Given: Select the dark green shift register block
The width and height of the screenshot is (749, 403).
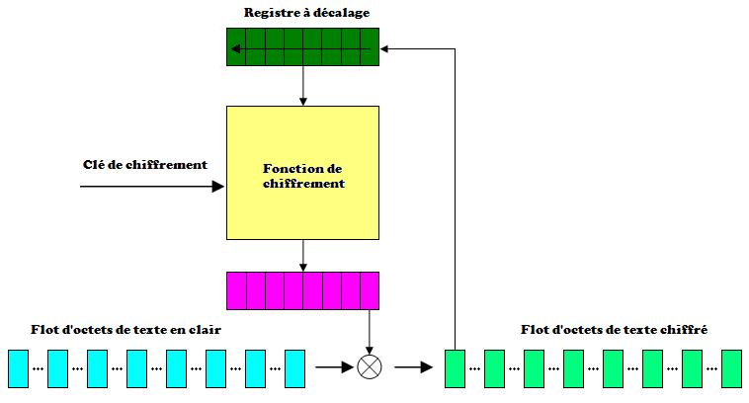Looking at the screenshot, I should coord(303,46).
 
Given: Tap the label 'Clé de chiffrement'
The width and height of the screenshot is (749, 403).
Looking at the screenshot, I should coord(145,164).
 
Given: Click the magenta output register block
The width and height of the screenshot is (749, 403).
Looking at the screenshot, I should coord(303,290).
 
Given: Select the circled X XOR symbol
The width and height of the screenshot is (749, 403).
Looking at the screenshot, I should coord(370,367).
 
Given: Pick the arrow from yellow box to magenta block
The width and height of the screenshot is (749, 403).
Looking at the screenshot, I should coord(303,256).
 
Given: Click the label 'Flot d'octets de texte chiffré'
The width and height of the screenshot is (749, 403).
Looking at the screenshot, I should coord(613,330).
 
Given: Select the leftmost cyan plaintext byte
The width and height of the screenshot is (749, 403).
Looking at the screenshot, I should coord(18,367).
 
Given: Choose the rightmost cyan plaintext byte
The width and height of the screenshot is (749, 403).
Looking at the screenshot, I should coord(294,367).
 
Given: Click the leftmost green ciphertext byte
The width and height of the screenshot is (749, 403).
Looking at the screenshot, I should coord(455,367).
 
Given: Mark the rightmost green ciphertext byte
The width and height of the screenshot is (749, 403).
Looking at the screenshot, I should coord(731,367).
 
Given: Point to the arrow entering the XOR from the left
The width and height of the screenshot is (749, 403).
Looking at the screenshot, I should coord(335,367).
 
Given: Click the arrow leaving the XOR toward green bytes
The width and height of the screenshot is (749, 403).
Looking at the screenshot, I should coord(413,367).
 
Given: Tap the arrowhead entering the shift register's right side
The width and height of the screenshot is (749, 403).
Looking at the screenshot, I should coord(386,46).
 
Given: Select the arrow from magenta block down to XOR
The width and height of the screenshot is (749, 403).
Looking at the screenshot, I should coord(370,331).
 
